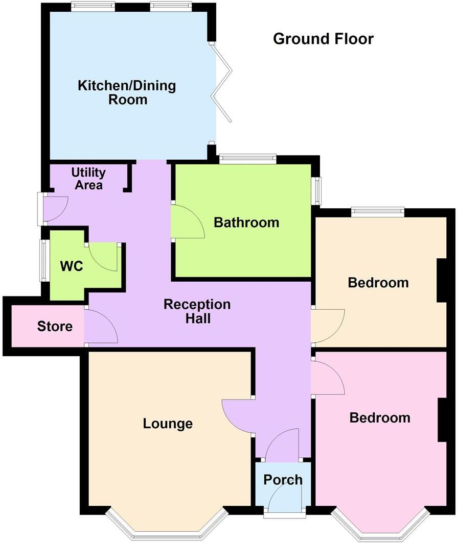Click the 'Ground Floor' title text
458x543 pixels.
[323, 39]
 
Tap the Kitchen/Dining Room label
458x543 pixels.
[127, 92]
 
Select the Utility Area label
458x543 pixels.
[88, 178]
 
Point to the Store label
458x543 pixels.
[55, 326]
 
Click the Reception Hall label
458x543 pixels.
[197, 311]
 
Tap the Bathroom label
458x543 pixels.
[246, 223]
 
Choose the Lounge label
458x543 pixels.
[168, 424]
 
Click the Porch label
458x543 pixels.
[283, 480]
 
